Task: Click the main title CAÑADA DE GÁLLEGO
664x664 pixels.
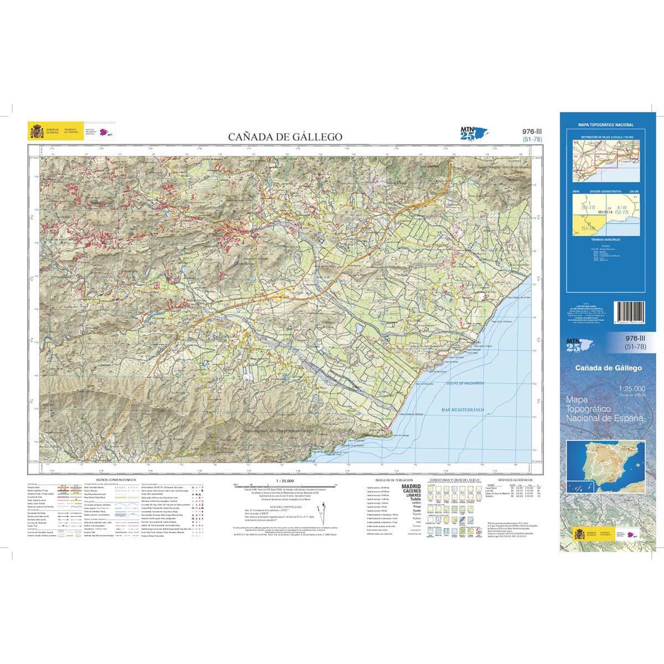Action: point(286,137)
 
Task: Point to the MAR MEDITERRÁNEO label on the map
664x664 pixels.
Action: point(463,409)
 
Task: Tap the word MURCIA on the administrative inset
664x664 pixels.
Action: point(604,211)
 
